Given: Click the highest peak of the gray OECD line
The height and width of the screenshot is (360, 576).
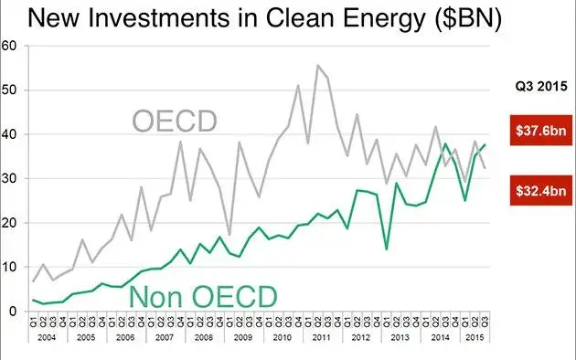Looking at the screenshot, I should point(317,66).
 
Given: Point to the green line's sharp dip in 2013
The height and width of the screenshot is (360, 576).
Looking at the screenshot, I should point(386,249).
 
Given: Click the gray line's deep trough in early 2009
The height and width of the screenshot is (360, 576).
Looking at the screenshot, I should point(229,235).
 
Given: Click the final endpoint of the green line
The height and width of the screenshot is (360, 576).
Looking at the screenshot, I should point(484,144).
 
